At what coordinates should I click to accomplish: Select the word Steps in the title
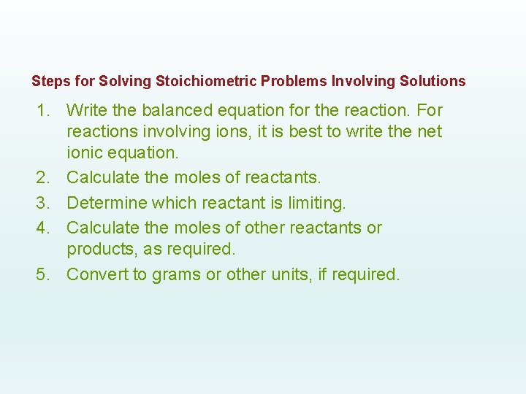click(47, 81)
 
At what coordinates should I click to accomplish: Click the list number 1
click(45, 111)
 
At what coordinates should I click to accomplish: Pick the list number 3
click(45, 202)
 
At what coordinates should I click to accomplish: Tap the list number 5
click(45, 275)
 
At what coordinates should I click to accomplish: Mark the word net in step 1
click(429, 132)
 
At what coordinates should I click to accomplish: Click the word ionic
click(85, 154)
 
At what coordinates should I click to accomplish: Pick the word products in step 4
click(98, 250)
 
